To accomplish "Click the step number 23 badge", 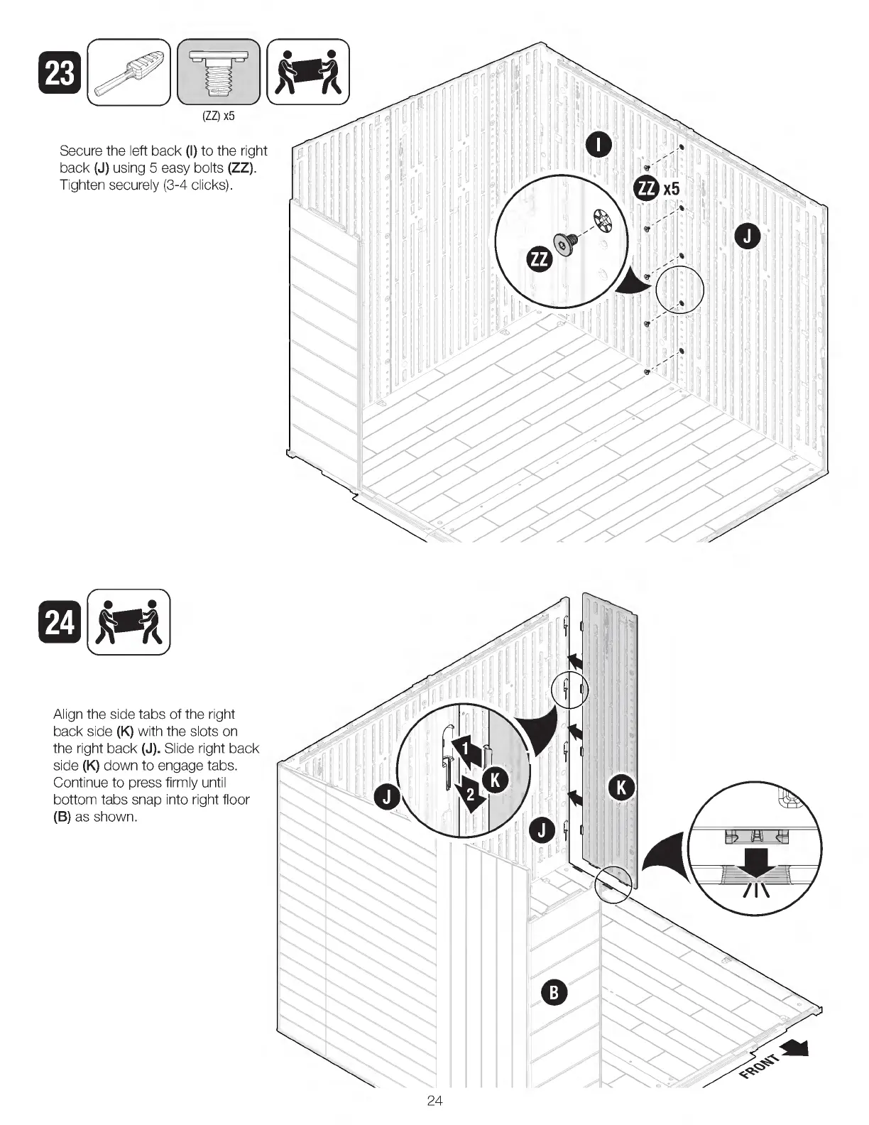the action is click(x=60, y=75).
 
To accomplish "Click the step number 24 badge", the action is click(x=60, y=622).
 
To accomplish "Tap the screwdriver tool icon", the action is click(x=129, y=72).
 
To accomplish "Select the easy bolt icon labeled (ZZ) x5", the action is click(x=219, y=72).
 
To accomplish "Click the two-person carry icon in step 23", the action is click(x=308, y=72).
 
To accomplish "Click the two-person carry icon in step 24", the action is click(x=129, y=622).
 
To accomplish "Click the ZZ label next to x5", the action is click(x=647, y=188).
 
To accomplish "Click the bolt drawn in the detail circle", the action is click(x=567, y=245).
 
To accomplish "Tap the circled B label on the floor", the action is click(x=554, y=991).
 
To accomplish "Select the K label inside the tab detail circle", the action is click(x=495, y=781).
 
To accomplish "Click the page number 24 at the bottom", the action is click(x=434, y=1101).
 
